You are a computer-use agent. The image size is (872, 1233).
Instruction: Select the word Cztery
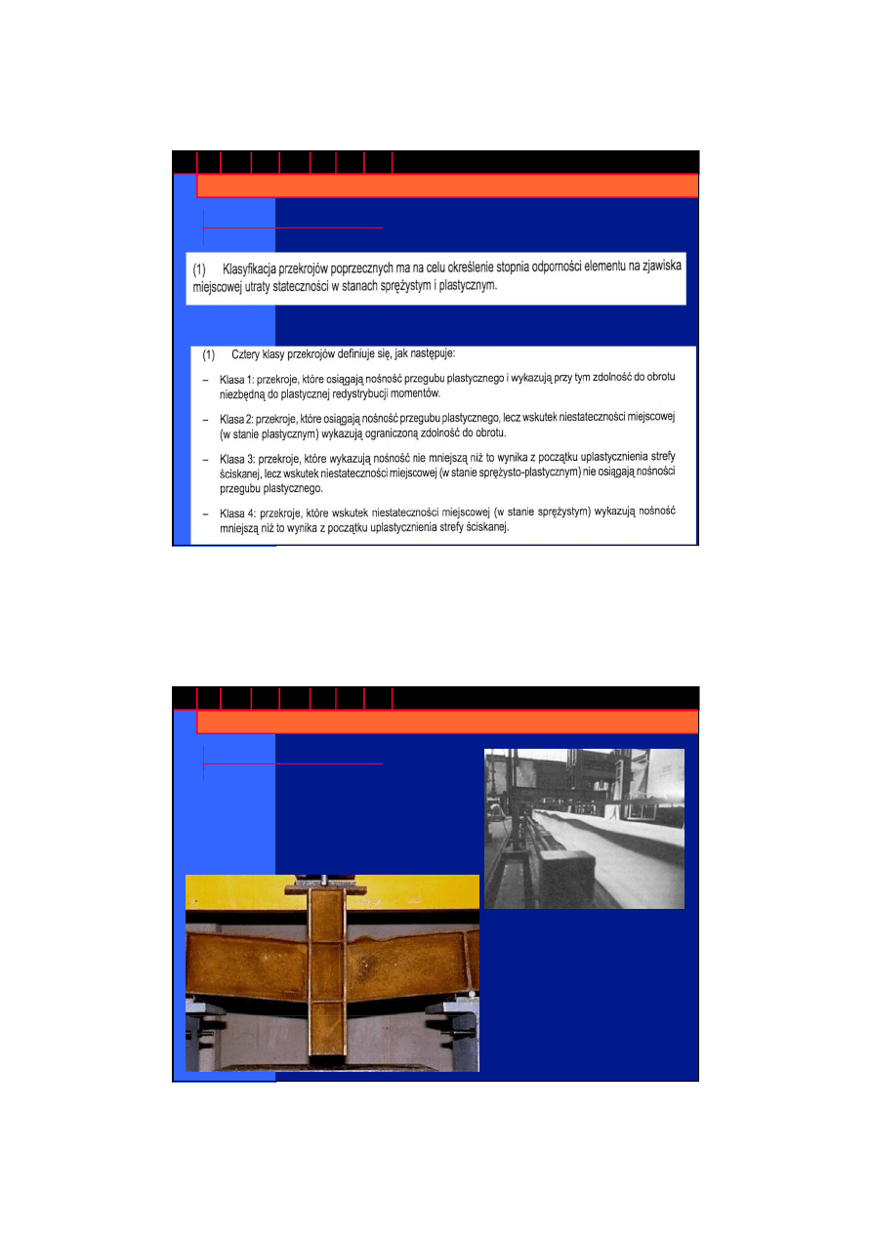244,354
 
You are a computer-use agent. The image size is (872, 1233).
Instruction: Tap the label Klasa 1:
236,380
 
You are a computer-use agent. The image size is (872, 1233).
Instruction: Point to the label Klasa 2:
236,420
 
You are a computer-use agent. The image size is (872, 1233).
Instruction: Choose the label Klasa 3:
237,459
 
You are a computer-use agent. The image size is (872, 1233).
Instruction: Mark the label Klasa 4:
238,514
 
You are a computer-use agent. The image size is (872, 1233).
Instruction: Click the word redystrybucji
360,394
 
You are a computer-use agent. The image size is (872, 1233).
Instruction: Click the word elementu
603,267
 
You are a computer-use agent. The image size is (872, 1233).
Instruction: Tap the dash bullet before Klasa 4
205,514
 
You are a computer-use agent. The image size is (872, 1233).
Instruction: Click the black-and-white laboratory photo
584,829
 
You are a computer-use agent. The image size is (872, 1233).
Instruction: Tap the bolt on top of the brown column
323,881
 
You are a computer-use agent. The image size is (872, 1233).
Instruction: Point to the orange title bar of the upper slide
447,186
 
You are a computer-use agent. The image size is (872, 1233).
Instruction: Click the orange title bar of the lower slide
447,722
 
